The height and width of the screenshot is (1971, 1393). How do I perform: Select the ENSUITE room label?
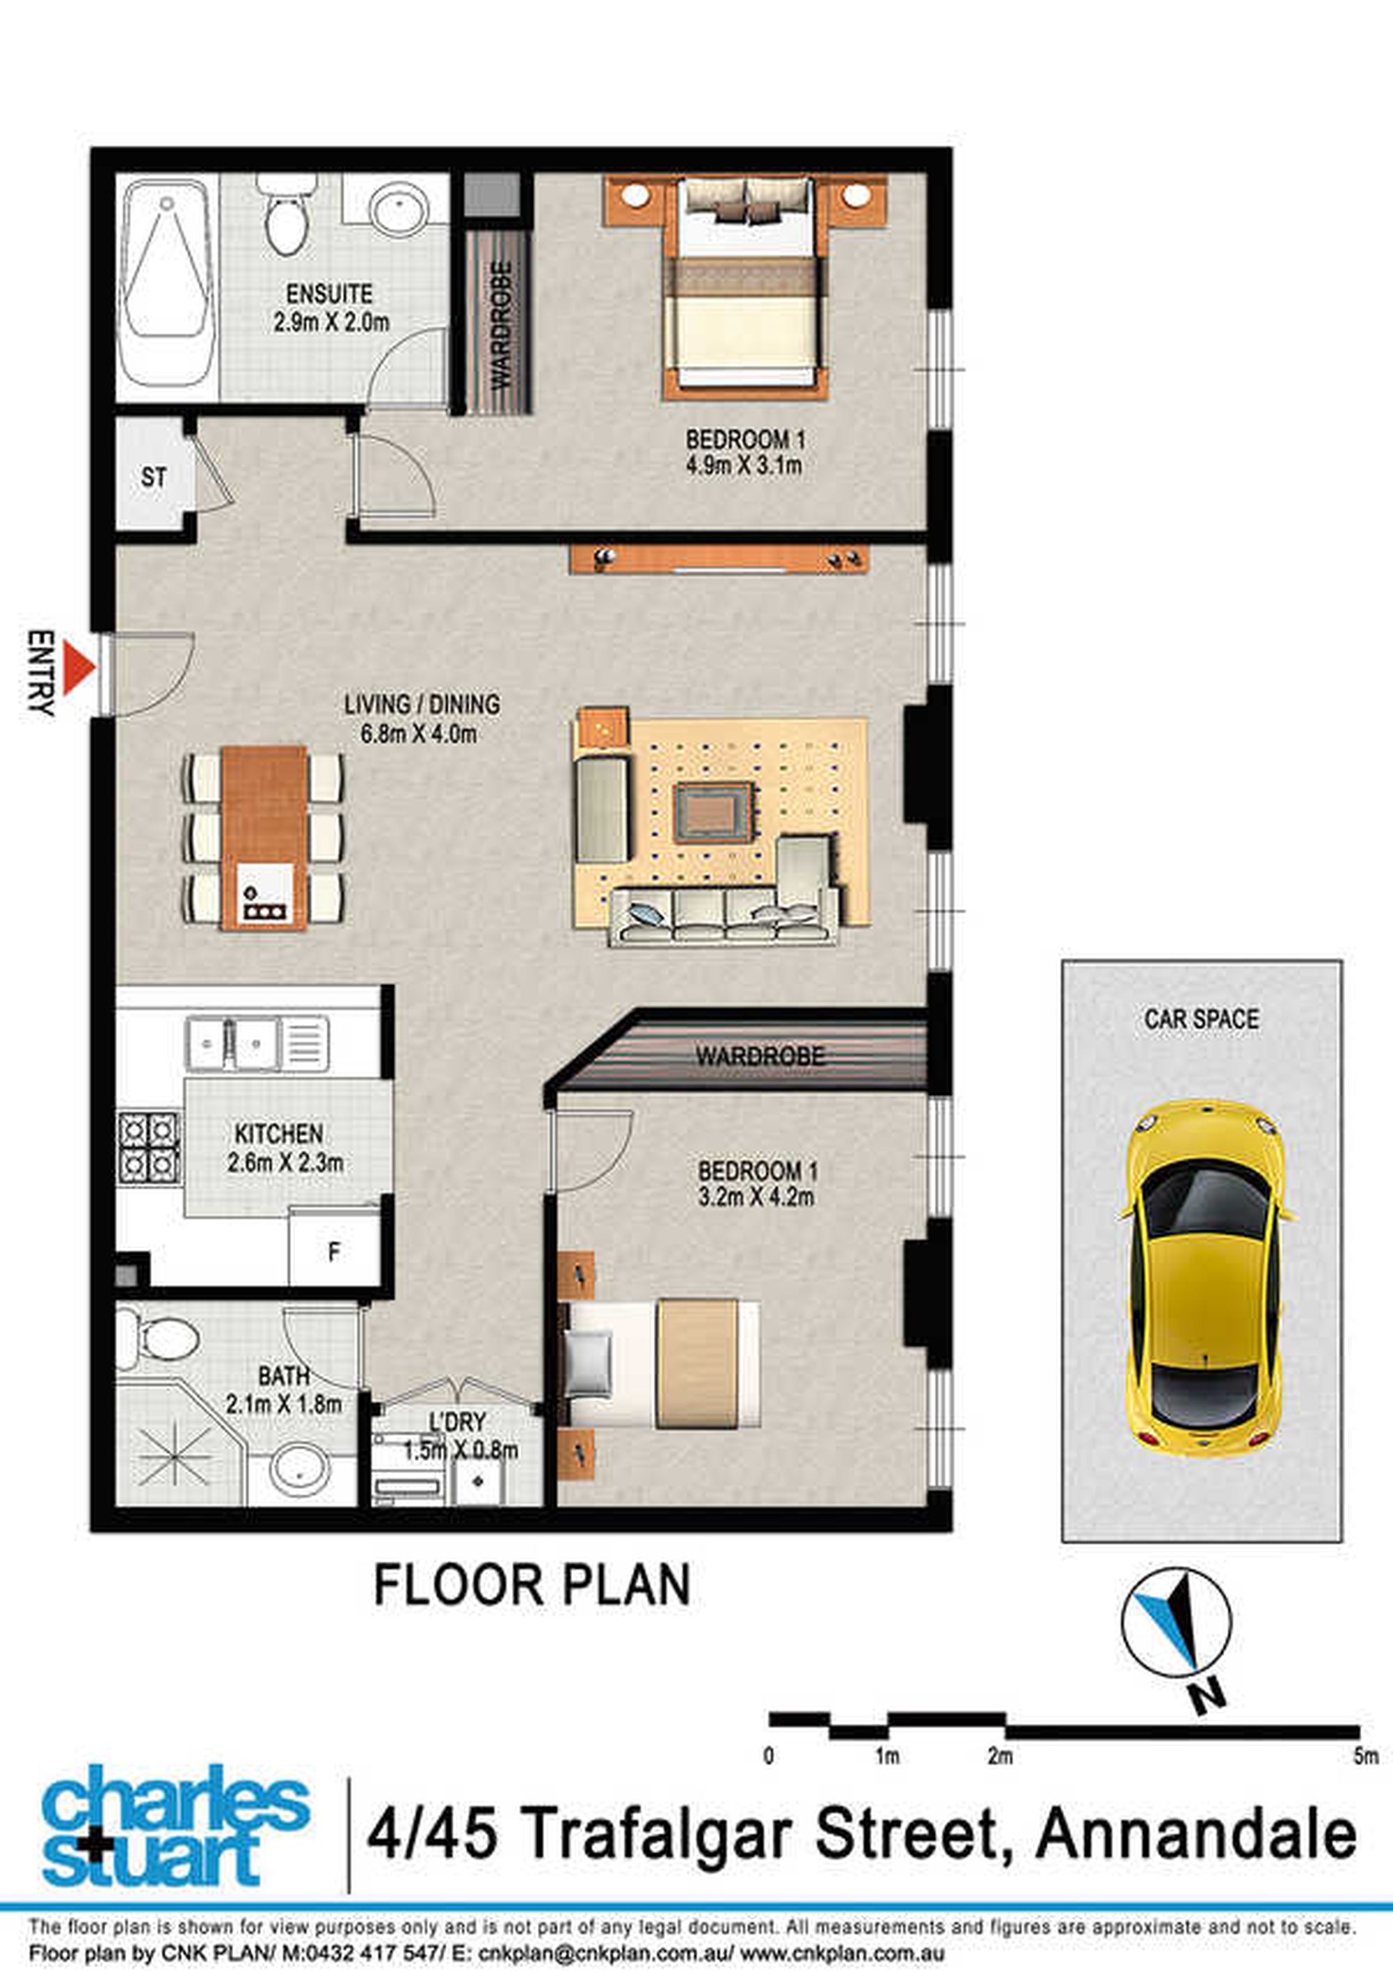pos(330,294)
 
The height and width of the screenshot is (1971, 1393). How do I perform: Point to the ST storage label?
pos(154,477)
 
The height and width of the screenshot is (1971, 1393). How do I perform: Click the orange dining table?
pos(264,838)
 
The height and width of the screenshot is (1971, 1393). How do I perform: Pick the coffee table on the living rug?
pos(715,811)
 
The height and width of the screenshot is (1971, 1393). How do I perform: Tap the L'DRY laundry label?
pos(456,1423)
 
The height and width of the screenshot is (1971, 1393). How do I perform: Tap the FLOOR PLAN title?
pos(532,1585)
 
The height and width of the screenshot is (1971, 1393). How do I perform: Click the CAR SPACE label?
pos(1202,1019)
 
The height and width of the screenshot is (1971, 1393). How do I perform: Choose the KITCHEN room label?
pos(279,1134)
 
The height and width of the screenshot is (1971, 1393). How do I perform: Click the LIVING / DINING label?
pos(422,704)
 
